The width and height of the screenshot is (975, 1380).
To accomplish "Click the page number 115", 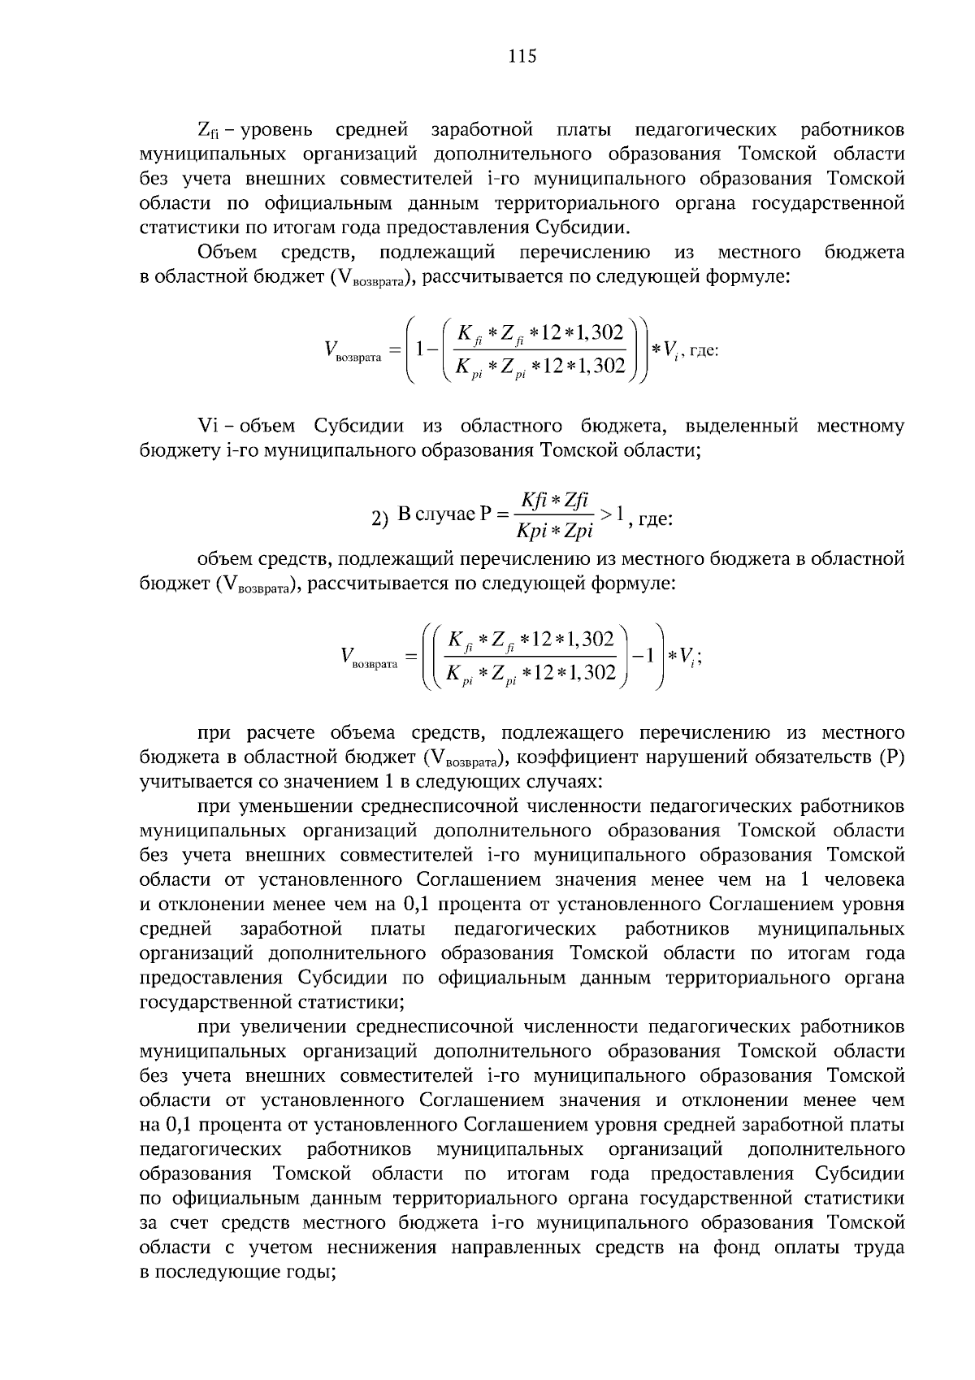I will click(x=522, y=56).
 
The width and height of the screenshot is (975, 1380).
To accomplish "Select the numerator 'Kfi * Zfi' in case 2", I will click(x=555, y=499).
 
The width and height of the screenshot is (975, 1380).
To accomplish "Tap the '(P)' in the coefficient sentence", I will click(x=892, y=758).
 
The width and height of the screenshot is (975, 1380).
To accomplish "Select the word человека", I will click(x=864, y=879).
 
